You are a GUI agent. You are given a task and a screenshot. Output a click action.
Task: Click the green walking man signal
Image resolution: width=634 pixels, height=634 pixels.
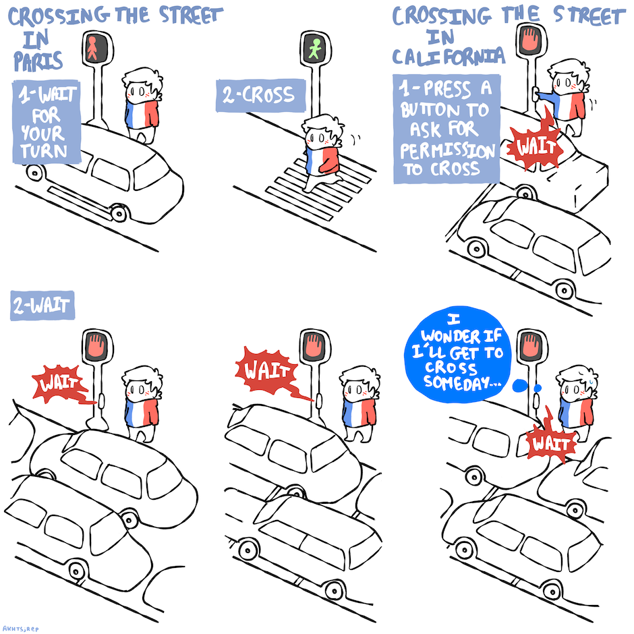tap(314, 49)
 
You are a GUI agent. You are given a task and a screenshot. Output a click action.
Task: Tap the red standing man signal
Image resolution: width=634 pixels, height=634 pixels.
tap(93, 49)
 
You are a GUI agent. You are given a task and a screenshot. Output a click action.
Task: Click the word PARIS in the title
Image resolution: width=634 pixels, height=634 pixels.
tap(38, 61)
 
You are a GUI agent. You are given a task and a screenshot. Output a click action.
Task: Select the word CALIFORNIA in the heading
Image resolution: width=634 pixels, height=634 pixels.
tap(449, 56)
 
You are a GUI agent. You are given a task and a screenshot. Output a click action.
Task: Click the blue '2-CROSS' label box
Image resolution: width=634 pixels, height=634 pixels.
tap(261, 95)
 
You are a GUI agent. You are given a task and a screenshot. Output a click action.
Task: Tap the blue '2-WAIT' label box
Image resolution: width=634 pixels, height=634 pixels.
tap(42, 306)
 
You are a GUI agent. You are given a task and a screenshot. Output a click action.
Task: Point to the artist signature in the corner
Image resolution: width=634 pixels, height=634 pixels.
tap(20, 629)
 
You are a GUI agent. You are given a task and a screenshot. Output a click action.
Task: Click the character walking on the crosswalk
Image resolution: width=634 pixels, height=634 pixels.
tap(322, 153)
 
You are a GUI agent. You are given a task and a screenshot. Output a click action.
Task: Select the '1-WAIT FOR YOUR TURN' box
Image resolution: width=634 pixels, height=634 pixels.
tap(47, 122)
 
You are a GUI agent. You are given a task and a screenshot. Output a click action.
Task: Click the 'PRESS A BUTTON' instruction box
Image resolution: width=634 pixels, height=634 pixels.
tap(446, 129)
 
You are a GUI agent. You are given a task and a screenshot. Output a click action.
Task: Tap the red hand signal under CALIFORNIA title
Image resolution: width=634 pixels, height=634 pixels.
tap(531, 40)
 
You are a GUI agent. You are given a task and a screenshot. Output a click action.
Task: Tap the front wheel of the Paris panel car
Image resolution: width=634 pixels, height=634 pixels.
tap(119, 212)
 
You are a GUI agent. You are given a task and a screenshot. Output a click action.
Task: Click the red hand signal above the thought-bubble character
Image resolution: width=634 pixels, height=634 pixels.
tap(531, 347)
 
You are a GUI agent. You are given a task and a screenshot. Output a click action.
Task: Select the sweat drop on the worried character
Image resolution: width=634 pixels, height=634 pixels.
tap(591, 381)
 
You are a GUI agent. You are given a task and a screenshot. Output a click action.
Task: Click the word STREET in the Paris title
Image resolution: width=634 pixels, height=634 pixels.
tap(191, 15)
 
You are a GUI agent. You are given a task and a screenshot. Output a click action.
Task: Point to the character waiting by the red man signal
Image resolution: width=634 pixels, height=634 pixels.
tap(142, 105)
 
